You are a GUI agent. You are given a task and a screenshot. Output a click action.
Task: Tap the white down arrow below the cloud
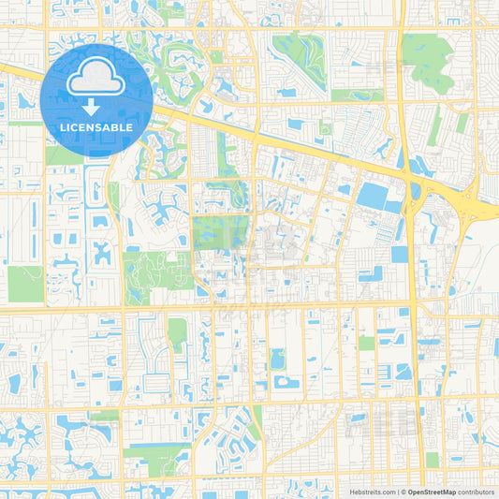96,107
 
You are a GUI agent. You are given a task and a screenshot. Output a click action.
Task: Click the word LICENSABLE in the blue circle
96,127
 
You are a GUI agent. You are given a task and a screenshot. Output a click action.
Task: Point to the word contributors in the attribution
477,491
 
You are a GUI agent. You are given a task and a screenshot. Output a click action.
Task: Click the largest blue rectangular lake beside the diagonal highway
374,196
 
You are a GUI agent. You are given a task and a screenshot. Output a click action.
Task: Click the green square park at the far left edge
25,283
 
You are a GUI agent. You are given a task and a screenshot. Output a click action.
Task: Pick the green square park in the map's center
218,232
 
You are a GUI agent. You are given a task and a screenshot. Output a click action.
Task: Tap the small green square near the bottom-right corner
432,460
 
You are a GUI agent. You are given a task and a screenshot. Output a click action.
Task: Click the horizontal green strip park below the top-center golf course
356,95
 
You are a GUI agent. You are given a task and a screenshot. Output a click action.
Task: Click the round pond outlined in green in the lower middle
277,359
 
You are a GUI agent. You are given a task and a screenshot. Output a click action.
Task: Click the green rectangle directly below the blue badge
64,155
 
